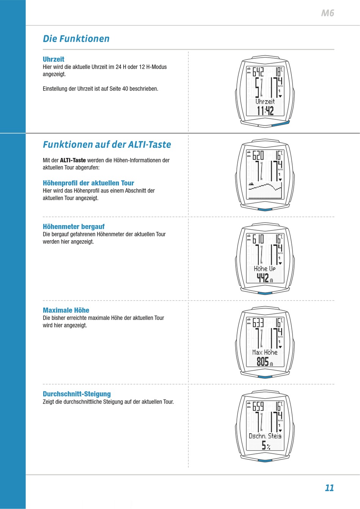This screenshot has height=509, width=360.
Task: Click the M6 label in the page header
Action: point(327,13)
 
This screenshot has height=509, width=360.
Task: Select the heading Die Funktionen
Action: point(76,39)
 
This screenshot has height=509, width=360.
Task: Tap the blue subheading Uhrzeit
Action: point(53,59)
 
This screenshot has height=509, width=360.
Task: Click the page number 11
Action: point(329,488)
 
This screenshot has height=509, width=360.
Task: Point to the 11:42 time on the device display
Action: point(265,111)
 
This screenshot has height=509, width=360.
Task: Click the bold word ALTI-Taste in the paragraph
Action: point(73,160)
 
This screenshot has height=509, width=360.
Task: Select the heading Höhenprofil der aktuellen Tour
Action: point(88,183)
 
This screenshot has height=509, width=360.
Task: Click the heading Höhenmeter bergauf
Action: point(74,227)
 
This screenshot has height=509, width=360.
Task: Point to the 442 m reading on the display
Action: point(265,278)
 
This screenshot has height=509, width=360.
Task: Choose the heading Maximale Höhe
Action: point(66,310)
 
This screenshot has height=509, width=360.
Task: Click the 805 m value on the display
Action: point(265,362)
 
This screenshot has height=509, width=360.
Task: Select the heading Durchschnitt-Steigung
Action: point(77,394)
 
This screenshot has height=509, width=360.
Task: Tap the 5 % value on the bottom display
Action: point(266,445)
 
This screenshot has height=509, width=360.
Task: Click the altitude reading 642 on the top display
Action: point(258,72)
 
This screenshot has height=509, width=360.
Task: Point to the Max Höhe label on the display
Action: point(265,352)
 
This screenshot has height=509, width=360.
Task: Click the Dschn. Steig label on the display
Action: point(265,436)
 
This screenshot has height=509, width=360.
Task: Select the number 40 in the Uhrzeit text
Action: point(125,89)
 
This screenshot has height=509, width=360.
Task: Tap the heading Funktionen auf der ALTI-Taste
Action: point(107,144)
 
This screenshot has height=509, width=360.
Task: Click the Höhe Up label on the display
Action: point(265,269)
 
